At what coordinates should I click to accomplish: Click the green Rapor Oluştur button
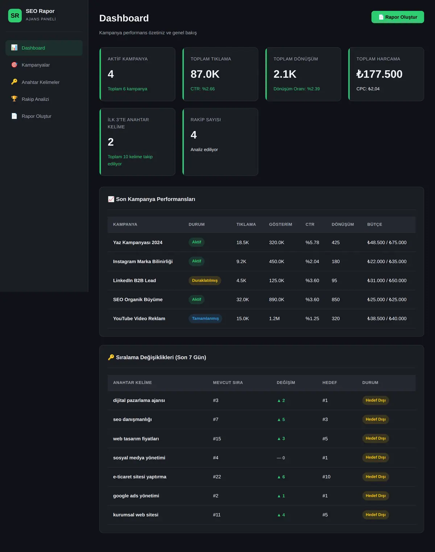(x=398, y=17)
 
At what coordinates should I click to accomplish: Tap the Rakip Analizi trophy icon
(x=14, y=99)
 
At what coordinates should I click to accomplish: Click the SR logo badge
(x=15, y=15)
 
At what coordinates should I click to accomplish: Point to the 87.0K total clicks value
(x=205, y=74)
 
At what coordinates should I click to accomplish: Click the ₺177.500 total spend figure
(x=379, y=74)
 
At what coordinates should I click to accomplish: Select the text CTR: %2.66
(x=203, y=89)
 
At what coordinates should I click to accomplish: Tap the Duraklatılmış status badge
(x=205, y=280)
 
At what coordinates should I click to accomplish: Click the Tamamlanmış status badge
(x=205, y=318)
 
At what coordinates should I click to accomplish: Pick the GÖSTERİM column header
(x=281, y=224)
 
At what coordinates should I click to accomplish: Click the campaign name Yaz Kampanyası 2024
(x=138, y=242)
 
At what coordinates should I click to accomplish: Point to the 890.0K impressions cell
(x=277, y=299)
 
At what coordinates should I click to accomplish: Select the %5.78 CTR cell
(x=312, y=242)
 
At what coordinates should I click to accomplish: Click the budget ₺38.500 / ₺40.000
(x=387, y=318)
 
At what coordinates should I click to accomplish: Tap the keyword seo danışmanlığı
(x=133, y=419)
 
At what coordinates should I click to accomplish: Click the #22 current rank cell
(x=217, y=477)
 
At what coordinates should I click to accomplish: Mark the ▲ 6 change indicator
(x=281, y=477)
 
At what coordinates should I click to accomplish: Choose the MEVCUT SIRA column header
(x=228, y=382)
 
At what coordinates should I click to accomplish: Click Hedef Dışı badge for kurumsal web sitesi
(x=376, y=515)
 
